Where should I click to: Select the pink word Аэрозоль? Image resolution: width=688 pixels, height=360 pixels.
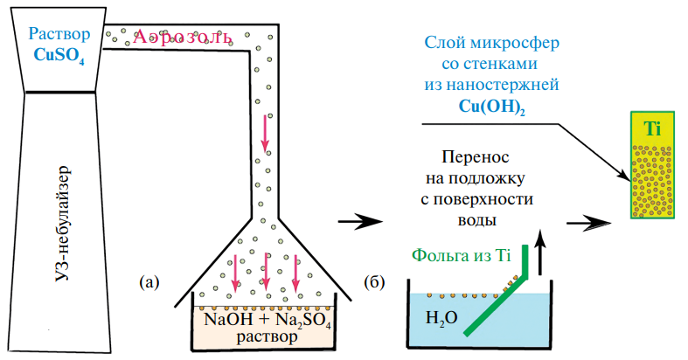tap(184, 38)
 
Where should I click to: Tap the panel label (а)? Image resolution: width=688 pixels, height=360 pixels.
tap(149, 281)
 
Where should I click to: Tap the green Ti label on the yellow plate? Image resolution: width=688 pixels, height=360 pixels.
tap(651, 129)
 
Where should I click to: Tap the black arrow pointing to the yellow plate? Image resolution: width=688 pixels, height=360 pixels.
tap(589, 223)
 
